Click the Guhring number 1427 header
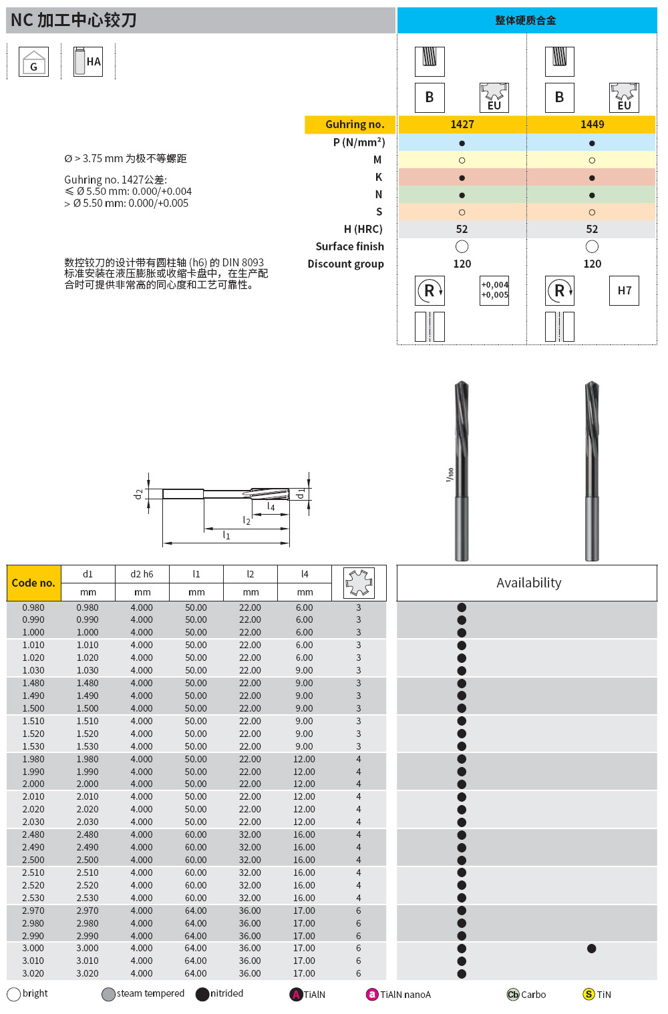pyautogui.click(x=462, y=124)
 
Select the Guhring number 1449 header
pyautogui.click(x=592, y=124)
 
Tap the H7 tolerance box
pyautogui.click(x=624, y=290)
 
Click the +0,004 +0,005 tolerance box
pyautogui.click(x=494, y=290)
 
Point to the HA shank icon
pyautogui.click(x=88, y=61)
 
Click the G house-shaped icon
pyautogui.click(x=33, y=62)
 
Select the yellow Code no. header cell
pyautogui.click(x=33, y=583)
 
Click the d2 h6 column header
pyautogui.click(x=142, y=574)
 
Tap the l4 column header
pyautogui.click(x=305, y=574)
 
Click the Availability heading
pyautogui.click(x=528, y=583)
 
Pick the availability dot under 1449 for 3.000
pyautogui.click(x=591, y=949)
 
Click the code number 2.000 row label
pyautogui.click(x=33, y=784)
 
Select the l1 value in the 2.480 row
pyautogui.click(x=196, y=834)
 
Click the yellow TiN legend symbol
pyautogui.click(x=589, y=994)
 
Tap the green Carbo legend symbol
pyautogui.click(x=513, y=994)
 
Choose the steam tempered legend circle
pyautogui.click(x=108, y=994)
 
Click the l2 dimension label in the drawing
pyautogui.click(x=246, y=520)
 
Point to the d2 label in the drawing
pyautogui.click(x=138, y=494)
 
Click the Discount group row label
pyautogui.click(x=345, y=264)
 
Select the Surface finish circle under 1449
pyautogui.click(x=592, y=246)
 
